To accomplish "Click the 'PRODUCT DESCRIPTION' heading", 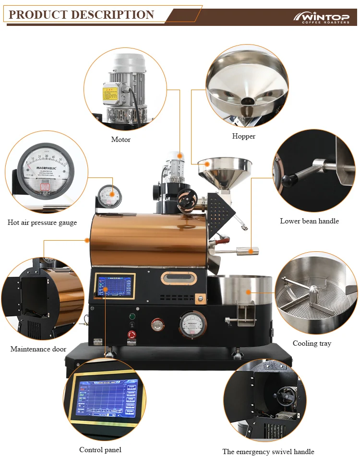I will pyautogui.click(x=82, y=14).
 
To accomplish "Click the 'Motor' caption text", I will pyautogui.click(x=120, y=140).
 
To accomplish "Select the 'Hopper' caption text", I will pyautogui.click(x=244, y=136).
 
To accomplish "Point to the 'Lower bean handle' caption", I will pyautogui.click(x=309, y=221).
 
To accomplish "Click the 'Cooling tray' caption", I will pyautogui.click(x=312, y=343).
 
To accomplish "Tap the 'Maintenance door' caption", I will pyautogui.click(x=38, y=349).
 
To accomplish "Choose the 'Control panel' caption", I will pyautogui.click(x=100, y=450).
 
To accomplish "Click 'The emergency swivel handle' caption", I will pyautogui.click(x=268, y=452).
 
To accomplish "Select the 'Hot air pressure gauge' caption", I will pyautogui.click(x=42, y=222).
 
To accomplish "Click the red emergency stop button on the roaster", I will pyautogui.click(x=131, y=334).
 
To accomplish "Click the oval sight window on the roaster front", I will pyautogui.click(x=179, y=278).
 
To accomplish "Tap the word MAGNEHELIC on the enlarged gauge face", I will pyautogui.click(x=47, y=168).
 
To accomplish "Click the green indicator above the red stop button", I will pyautogui.click(x=131, y=316).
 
